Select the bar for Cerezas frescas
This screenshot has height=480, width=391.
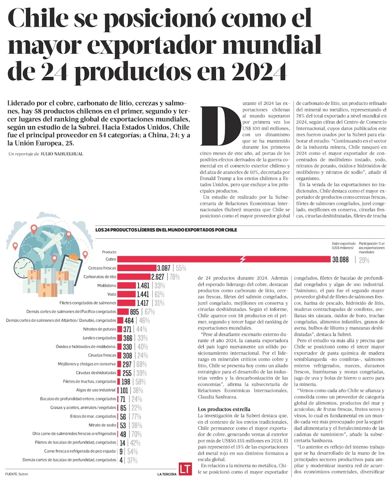pos(137,268)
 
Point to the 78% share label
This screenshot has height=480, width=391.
pos(174,277)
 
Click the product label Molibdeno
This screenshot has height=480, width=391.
pos(106,286)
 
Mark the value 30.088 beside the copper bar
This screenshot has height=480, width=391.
pos(343,259)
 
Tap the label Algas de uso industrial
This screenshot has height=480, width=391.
pos(96,390)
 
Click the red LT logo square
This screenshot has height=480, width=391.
pos(184,469)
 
